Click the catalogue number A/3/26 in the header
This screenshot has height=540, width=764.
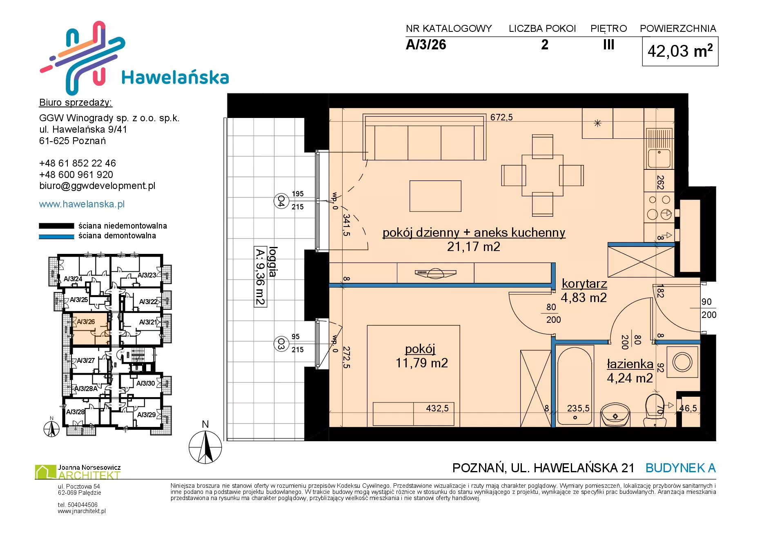point(426,44)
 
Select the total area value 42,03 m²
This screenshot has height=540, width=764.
point(680,51)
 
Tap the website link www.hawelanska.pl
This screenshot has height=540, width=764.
point(82,204)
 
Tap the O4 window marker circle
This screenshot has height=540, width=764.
point(281,201)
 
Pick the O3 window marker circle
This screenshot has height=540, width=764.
point(281,344)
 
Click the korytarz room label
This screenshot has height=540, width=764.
point(584,283)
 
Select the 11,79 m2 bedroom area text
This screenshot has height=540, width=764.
point(422,363)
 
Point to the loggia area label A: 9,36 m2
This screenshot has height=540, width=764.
point(261,276)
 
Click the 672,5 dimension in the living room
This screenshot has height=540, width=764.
point(501,117)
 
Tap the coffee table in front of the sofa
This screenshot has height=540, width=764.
point(435,196)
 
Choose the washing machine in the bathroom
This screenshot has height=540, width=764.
point(682,362)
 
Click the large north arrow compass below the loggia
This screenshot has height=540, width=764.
point(205,448)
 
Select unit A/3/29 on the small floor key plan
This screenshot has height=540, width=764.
point(146,415)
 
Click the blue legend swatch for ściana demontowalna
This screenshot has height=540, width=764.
point(56,236)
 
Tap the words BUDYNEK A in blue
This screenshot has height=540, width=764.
point(681,468)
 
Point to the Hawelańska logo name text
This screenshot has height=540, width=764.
point(175,77)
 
